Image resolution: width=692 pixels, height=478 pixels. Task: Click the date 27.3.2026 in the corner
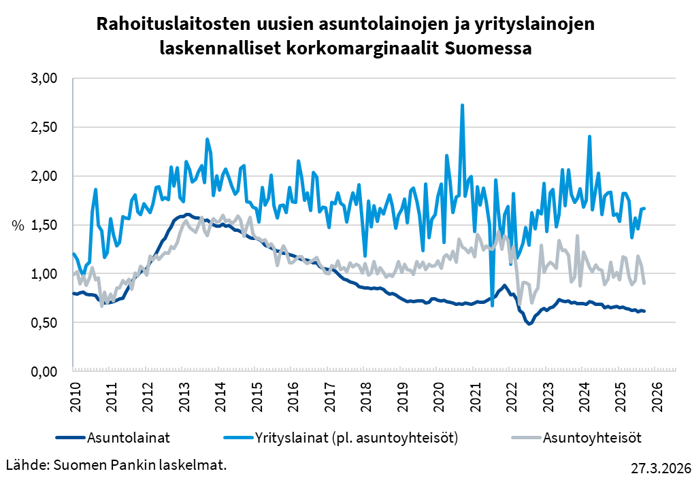click(661, 468)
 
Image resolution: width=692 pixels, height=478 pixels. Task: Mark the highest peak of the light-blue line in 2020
click(463, 105)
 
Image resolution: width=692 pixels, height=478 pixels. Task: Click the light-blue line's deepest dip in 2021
click(492, 305)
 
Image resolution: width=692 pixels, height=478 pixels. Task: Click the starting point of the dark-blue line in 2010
click(73, 294)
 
